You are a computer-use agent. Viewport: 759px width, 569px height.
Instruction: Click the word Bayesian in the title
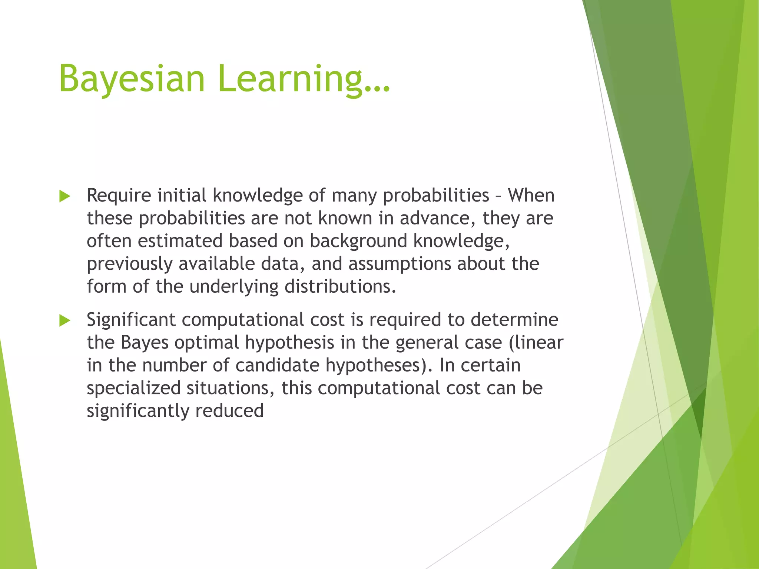click(x=132, y=79)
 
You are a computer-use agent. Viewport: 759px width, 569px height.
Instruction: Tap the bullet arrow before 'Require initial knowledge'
click(x=64, y=196)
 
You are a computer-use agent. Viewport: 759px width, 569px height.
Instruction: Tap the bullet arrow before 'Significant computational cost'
click(x=64, y=320)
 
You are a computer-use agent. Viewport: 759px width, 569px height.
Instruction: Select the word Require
click(x=119, y=195)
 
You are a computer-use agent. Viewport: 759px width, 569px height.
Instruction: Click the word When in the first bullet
click(x=531, y=195)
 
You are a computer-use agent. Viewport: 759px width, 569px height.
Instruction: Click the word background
click(x=358, y=241)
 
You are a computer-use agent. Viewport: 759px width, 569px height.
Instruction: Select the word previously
click(x=130, y=264)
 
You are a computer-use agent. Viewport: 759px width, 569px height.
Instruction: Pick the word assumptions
click(x=400, y=264)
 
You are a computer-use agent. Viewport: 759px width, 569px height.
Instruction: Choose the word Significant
click(x=131, y=320)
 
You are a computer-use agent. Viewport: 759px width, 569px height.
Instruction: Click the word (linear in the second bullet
click(x=536, y=343)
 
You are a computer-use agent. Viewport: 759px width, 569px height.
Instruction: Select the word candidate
click(x=277, y=365)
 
